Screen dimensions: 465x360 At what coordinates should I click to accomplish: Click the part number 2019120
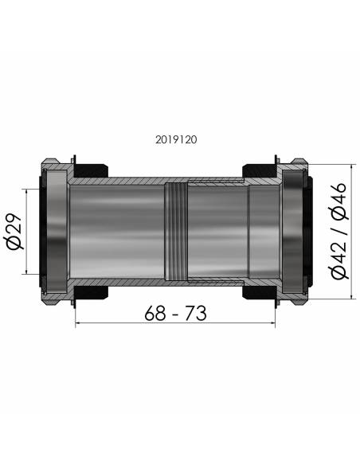(x=177, y=139)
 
